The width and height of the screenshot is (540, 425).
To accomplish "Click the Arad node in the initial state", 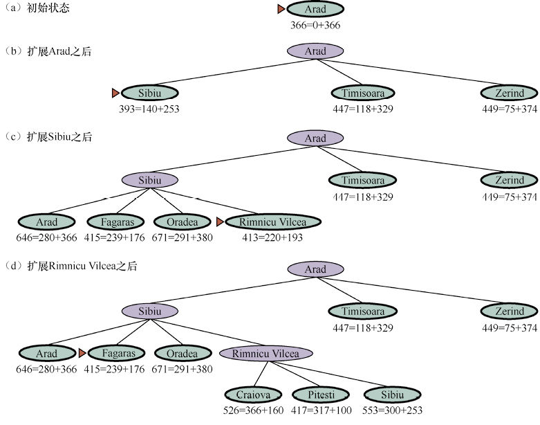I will click(x=315, y=10).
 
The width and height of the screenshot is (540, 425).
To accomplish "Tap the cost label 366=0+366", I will click(x=315, y=25).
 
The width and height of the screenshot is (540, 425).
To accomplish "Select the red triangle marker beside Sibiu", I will click(x=115, y=93).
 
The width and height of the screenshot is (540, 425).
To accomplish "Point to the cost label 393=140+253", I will click(x=150, y=108).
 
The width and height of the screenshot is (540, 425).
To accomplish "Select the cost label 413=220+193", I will click(x=270, y=237).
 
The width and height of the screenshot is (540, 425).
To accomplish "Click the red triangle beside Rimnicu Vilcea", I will click(x=220, y=222).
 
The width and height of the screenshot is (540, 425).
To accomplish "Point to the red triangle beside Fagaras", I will click(x=82, y=354).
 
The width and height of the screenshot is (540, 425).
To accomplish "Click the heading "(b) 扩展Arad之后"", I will click(x=52, y=51).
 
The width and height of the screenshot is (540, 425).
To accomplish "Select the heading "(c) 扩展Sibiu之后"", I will click(x=52, y=137).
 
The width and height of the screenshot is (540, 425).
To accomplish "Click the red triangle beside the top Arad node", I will click(x=281, y=9).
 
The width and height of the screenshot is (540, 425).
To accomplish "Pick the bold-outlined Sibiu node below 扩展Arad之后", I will click(x=150, y=93).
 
